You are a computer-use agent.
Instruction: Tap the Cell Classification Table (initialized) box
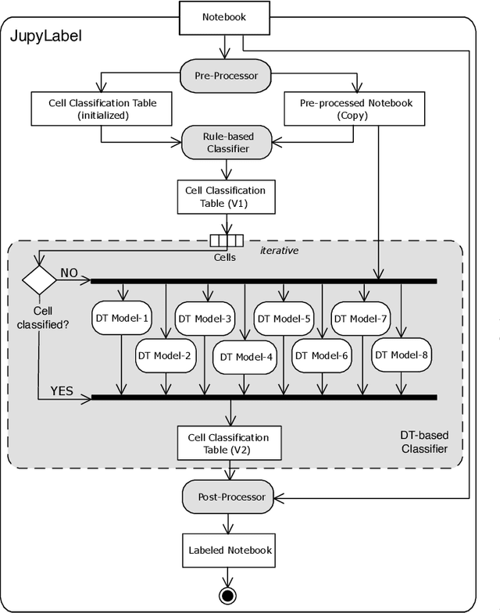click(x=100, y=109)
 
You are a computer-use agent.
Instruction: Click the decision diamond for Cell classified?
click(x=36, y=279)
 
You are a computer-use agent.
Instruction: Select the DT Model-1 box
click(x=121, y=319)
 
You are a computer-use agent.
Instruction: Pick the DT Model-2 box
click(x=165, y=355)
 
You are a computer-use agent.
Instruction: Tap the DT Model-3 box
click(x=205, y=319)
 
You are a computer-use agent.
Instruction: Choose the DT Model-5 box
click(x=283, y=319)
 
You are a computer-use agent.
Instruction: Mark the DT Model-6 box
click(x=321, y=355)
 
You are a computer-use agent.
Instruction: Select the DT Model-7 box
click(x=360, y=319)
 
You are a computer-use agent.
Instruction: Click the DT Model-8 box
click(x=402, y=355)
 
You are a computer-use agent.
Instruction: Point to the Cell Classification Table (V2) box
click(x=229, y=444)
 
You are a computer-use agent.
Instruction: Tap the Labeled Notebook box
click(x=230, y=550)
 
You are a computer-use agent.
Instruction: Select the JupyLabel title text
click(x=45, y=37)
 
